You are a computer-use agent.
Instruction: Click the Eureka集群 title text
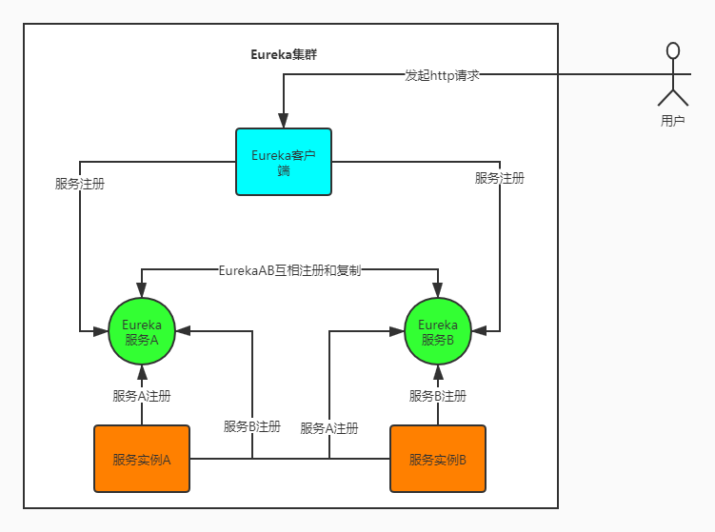(x=284, y=54)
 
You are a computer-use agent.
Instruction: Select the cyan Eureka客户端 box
(x=284, y=161)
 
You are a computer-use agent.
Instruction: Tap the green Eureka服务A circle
(x=142, y=331)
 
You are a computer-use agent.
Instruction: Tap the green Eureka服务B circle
(x=438, y=331)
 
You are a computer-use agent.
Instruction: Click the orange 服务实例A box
(x=142, y=459)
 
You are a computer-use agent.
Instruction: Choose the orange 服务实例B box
(x=438, y=459)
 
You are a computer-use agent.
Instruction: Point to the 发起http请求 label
(x=442, y=74)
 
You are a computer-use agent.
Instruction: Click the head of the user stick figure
(x=673, y=50)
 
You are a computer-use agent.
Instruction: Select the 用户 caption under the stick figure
(x=673, y=121)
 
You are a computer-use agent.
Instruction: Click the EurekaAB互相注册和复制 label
(x=289, y=270)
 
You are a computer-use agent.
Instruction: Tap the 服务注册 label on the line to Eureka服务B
(x=500, y=178)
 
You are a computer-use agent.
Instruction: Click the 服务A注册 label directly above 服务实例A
(x=142, y=396)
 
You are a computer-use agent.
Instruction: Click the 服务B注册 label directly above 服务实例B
(x=438, y=396)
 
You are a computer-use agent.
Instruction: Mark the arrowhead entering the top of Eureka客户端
(x=284, y=120)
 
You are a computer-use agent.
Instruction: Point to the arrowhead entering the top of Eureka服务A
(x=142, y=290)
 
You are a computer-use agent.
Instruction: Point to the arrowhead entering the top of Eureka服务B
(x=438, y=290)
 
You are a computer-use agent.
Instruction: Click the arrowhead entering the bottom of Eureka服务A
(x=142, y=372)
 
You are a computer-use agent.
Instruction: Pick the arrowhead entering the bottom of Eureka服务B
(x=438, y=372)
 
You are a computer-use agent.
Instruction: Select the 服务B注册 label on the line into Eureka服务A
(x=252, y=426)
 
